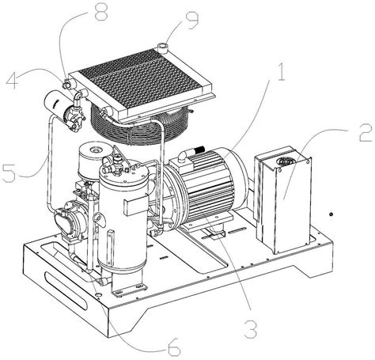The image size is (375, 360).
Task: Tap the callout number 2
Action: [366, 133]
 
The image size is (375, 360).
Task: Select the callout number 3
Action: [250, 329]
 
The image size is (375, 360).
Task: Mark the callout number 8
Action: [101, 12]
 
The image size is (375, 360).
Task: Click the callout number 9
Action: [192, 20]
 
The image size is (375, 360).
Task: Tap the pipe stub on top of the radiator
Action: [161, 48]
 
